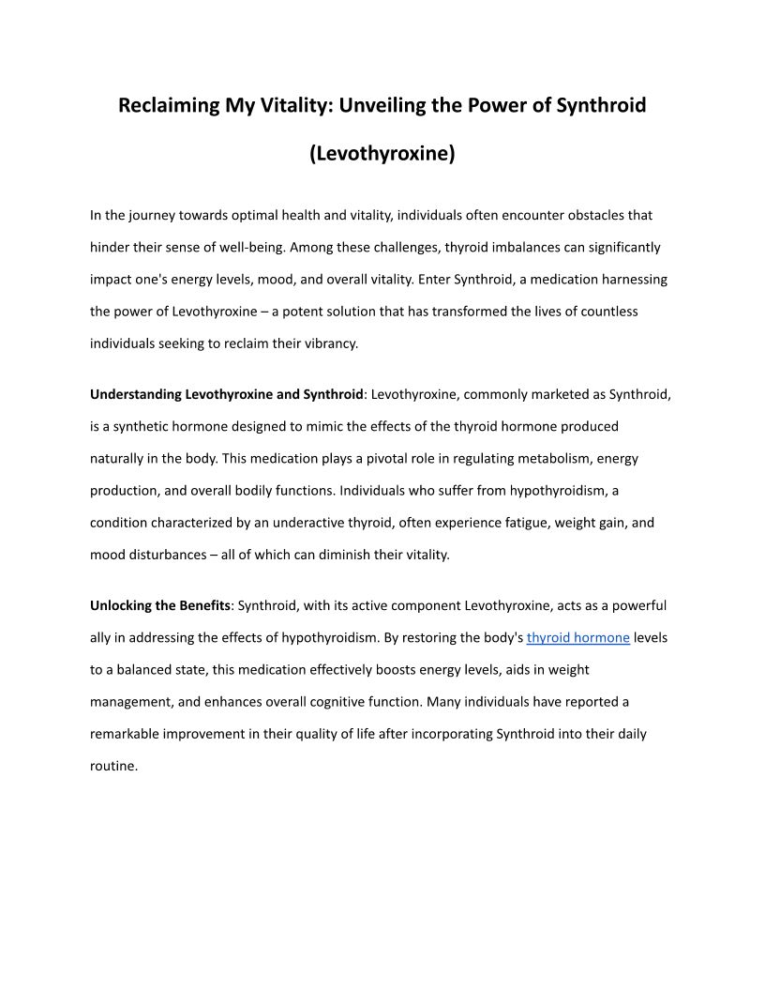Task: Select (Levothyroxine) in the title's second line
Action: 382,154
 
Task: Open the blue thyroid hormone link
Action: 577,638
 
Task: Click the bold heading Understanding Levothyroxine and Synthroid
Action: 226,394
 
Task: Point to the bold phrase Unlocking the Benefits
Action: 160,605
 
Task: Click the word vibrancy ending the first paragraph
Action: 329,343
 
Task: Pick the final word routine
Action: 112,766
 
